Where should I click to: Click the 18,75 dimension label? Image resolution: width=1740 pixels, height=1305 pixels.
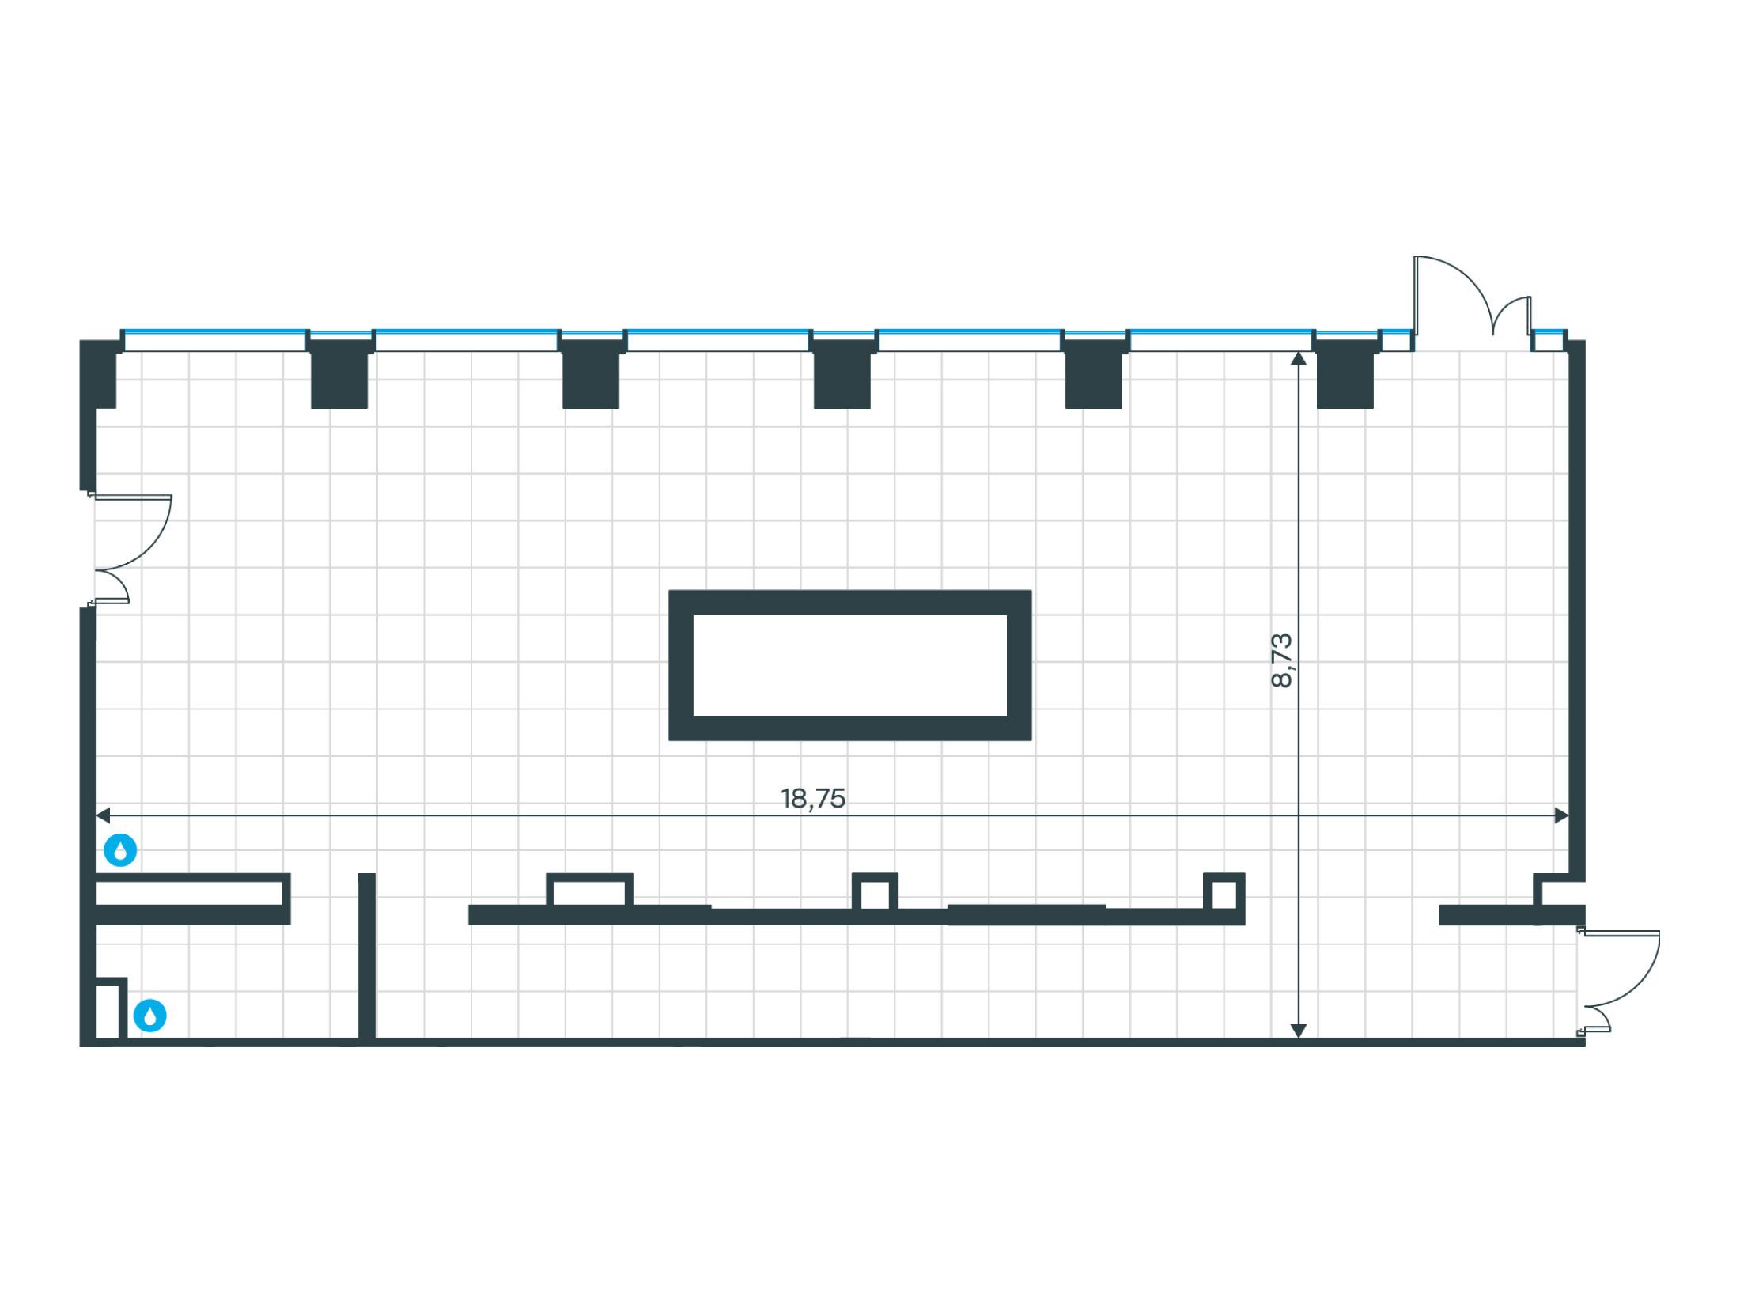coord(813,799)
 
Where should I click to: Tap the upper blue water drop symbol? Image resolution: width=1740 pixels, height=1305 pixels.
coord(121,851)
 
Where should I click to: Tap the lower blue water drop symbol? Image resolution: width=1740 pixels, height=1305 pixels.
coord(150,1016)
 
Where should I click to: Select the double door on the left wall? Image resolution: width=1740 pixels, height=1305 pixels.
coord(130,550)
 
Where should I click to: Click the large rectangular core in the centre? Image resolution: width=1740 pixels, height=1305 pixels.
coord(850,665)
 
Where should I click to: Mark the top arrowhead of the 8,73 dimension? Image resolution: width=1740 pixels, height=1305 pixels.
coord(1298,359)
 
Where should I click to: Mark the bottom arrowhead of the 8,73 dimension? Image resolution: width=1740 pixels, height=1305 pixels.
coord(1298,1031)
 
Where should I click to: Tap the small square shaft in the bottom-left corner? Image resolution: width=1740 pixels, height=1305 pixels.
coord(111,1009)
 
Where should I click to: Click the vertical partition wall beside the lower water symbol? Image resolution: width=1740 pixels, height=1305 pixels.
coord(366,956)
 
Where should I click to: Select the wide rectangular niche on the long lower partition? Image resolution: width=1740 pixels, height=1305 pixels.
coord(590,891)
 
